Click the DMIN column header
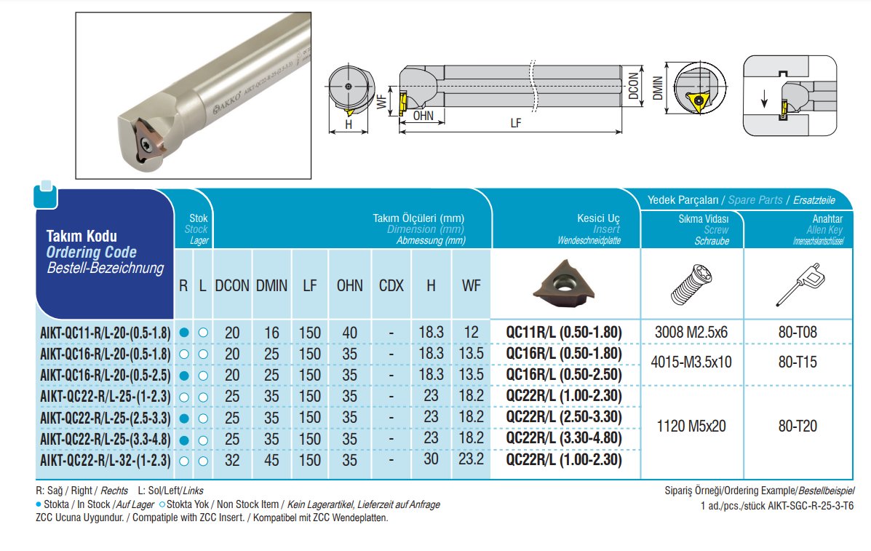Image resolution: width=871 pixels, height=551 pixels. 271,285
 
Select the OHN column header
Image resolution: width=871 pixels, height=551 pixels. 349,285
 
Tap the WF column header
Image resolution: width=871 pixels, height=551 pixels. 471,285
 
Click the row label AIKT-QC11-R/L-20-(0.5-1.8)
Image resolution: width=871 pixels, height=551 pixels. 106,333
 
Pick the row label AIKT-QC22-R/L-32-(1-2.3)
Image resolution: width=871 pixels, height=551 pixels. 106,461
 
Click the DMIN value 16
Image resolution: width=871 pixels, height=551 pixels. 271,333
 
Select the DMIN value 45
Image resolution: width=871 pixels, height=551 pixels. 271,460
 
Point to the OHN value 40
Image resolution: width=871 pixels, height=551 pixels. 349,333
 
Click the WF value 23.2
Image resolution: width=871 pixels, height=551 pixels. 471,459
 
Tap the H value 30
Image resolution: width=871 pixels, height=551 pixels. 431,459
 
